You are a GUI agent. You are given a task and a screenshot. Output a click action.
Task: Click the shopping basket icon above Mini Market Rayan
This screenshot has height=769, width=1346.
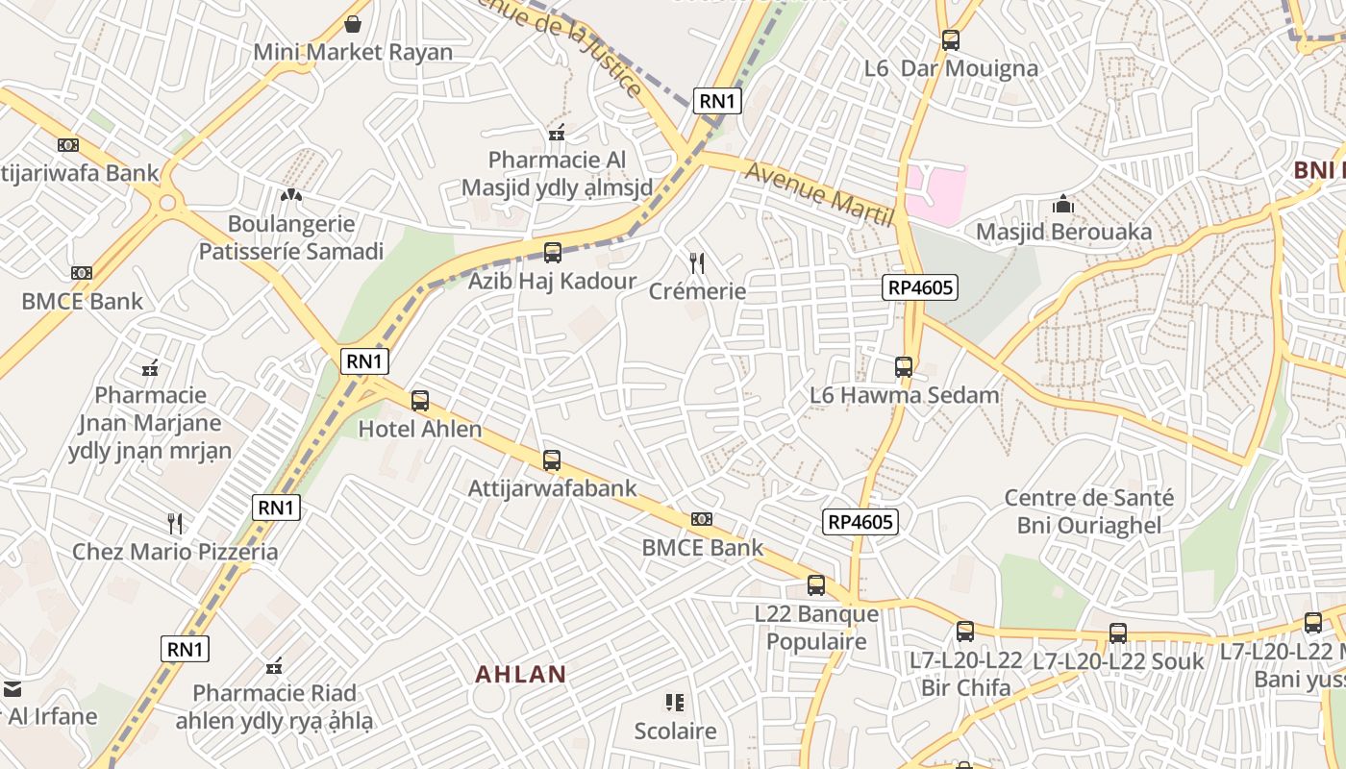click(353, 23)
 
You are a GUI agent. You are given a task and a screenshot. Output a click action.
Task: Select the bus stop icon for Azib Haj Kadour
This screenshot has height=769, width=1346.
click(552, 253)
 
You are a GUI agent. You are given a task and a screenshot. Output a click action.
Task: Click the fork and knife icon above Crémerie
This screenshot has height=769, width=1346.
click(698, 262)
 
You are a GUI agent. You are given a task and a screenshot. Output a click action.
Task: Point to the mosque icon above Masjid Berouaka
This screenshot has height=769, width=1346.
click(1062, 204)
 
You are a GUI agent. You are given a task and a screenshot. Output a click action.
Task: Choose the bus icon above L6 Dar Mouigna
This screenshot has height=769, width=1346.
click(950, 40)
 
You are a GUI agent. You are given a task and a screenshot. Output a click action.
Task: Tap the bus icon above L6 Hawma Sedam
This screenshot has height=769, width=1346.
click(903, 366)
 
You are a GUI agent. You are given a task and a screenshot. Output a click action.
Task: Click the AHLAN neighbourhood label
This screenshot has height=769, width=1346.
click(521, 674)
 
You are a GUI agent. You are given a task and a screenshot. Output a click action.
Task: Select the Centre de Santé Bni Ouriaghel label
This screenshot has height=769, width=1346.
click(1089, 511)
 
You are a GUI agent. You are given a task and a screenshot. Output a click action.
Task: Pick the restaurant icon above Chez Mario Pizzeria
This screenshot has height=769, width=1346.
click(175, 524)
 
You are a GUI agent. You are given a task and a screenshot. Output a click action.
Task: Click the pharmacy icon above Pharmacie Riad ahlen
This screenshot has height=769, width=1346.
click(274, 665)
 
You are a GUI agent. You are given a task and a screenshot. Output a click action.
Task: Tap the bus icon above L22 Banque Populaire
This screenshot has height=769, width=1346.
click(815, 584)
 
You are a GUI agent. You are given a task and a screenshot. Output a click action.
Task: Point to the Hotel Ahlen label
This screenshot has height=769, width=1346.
click(420, 429)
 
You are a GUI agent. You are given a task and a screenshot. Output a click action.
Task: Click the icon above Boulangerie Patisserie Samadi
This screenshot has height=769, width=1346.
click(290, 195)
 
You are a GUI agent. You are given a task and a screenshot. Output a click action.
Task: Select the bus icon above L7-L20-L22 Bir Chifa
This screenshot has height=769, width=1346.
click(965, 632)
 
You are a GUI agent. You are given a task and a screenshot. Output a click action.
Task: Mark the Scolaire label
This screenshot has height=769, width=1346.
click(675, 732)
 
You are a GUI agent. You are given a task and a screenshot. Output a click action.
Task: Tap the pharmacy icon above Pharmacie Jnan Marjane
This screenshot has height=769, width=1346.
click(150, 367)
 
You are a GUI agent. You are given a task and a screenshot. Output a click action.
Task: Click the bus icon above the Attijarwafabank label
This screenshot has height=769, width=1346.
click(551, 460)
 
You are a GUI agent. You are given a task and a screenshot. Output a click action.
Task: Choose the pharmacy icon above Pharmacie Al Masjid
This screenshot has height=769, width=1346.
click(556, 132)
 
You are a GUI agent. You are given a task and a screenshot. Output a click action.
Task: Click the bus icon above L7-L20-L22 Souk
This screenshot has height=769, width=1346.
click(1117, 633)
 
